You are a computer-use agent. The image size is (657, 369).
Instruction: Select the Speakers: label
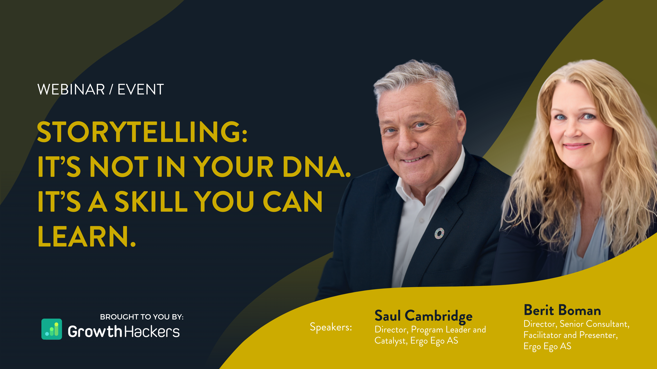(x=331, y=327)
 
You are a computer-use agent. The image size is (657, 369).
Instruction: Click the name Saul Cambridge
(x=423, y=316)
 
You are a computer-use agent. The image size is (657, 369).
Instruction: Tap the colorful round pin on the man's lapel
(x=439, y=233)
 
